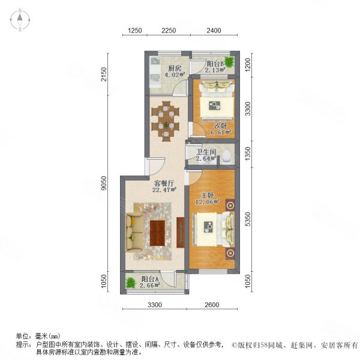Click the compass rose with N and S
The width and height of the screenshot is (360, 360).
20,20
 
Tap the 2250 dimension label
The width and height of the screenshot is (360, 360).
169,31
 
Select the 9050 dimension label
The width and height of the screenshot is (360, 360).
104,183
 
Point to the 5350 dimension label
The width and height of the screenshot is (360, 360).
248,219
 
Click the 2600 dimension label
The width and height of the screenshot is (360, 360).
212,305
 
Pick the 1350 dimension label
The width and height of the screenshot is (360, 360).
248,154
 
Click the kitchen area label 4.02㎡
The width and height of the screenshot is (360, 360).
175,74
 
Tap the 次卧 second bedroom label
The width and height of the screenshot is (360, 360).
221,126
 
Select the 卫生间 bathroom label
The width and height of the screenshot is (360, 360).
206,152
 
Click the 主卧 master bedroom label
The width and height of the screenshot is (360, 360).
208,196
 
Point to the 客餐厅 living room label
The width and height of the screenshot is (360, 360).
164,184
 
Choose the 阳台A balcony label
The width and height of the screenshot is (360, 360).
150,279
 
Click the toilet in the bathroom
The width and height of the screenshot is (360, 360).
227,157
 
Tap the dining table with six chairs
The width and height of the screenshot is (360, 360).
166,121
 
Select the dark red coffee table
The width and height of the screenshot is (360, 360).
157,233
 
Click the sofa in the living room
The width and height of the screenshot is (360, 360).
135,232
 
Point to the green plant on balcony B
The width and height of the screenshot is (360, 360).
229,62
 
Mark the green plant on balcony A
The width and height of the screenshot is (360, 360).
131,283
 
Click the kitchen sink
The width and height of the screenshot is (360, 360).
155,61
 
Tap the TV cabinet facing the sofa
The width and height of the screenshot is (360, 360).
181,232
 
